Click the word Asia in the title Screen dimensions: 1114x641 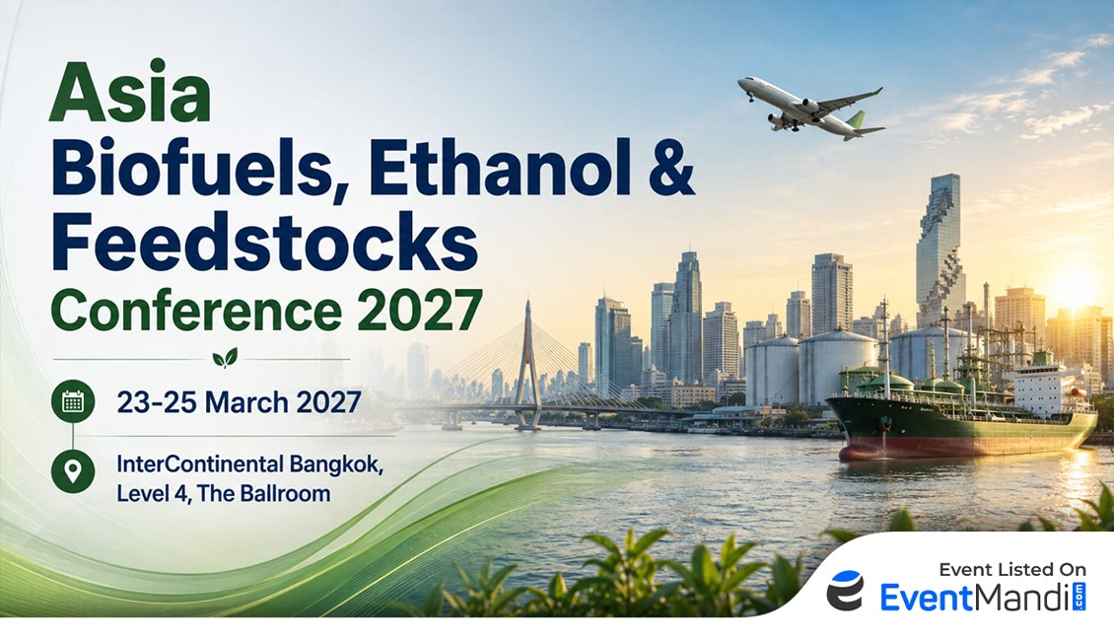(130, 93)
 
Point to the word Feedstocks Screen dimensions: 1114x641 (264, 242)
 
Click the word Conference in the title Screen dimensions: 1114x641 (196, 310)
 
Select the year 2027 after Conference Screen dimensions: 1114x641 (419, 310)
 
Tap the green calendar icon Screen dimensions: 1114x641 (73, 401)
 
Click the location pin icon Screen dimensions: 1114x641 (73, 471)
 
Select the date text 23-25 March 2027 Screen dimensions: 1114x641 (239, 402)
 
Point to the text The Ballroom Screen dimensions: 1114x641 (263, 493)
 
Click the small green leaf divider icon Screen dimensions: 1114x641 (225, 358)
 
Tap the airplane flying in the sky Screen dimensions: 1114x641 (811, 107)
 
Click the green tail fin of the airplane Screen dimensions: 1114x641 (856, 118)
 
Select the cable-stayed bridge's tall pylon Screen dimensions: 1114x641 (527, 364)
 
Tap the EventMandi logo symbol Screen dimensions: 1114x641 (846, 590)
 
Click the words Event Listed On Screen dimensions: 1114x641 (1012, 569)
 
